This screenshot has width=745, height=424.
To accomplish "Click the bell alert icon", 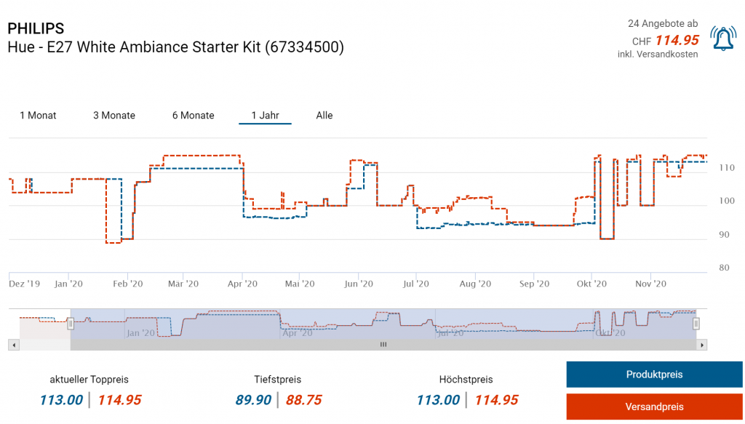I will pos(723,39).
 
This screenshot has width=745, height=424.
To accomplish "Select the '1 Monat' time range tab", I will pos(38,116).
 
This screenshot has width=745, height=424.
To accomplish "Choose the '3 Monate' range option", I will pos(114,116).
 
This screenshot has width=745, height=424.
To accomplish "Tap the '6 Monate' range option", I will pos(193,116).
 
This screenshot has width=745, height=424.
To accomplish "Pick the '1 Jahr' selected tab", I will pos(265,116).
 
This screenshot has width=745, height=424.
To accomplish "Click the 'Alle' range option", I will pos(324,116).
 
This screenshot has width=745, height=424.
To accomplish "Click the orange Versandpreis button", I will pos(654,407).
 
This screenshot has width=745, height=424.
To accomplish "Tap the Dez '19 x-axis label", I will pos(25,284).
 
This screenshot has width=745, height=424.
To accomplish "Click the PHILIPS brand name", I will pos(36,28).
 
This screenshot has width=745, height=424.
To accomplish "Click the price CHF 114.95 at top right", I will pos(677,41).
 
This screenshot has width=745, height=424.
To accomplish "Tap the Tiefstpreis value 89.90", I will pos(253,400).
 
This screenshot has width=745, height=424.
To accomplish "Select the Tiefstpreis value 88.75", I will pos(303,400).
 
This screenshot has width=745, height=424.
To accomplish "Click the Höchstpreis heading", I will pos(466,380).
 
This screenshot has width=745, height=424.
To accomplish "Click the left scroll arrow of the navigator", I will pos(14,345).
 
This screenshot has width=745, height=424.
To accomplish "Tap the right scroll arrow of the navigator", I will pos(702,345).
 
